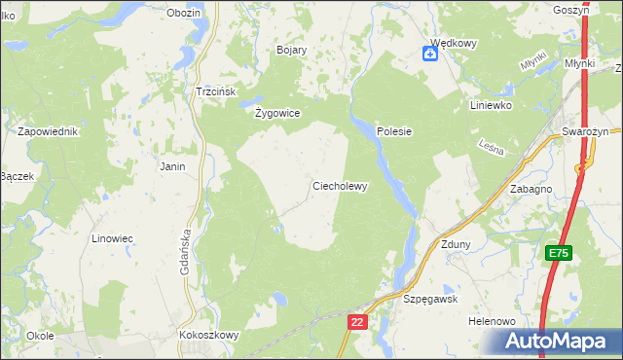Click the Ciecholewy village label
coord(339,186)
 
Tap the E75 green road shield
coord(558,253)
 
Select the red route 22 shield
coord(357,322)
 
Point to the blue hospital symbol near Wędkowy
coord(429,54)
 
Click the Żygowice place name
coord(276,113)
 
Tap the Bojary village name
coord(292,50)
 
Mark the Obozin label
coord(183,13)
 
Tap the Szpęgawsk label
coord(430,300)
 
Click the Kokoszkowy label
coord(209,334)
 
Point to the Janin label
coord(172,166)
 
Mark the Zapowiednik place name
coord(47,130)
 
